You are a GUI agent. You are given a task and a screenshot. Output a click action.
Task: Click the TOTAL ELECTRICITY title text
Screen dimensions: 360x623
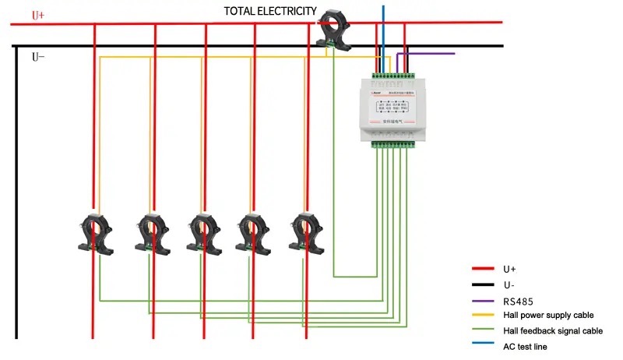click(x=270, y=11)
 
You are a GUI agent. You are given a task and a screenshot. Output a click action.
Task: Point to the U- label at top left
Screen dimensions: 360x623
click(x=38, y=57)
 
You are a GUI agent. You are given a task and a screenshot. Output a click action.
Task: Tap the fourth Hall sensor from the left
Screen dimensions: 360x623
click(x=253, y=231)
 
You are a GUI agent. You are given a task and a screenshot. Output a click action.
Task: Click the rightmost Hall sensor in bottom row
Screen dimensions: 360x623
click(x=305, y=231)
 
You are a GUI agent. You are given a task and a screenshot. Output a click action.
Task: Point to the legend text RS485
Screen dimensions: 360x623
click(x=517, y=299)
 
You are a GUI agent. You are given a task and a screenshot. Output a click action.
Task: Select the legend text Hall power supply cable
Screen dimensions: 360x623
click(x=548, y=315)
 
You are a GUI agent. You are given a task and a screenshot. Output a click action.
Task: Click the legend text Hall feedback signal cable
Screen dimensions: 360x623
click(x=553, y=330)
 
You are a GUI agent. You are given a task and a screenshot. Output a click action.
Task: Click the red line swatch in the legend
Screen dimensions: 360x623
click(x=484, y=268)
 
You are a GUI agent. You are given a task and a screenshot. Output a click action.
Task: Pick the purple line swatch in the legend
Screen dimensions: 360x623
click(x=484, y=299)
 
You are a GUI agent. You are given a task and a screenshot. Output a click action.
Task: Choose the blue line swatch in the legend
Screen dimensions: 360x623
click(x=484, y=346)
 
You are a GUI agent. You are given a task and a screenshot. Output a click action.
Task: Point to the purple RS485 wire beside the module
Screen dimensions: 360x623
click(x=428, y=54)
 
